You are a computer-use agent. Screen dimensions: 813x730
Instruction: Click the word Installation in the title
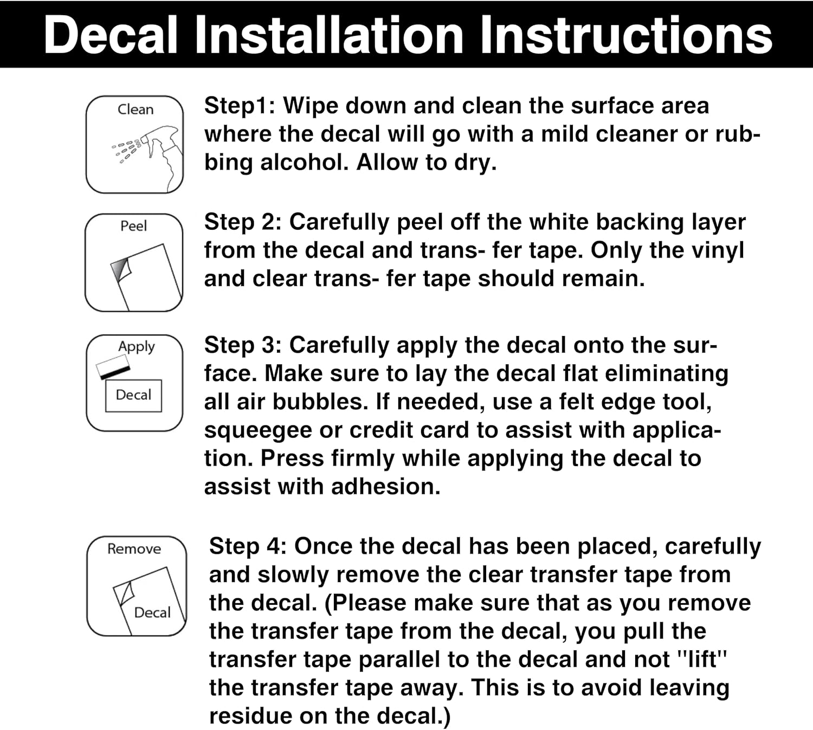330,35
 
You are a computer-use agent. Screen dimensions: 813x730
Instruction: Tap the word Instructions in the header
627,35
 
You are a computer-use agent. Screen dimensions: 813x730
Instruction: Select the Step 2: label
243,222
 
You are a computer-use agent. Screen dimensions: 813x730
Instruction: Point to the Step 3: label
243,345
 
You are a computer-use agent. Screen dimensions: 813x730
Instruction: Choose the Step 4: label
248,546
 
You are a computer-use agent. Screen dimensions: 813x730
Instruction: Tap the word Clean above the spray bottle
135,109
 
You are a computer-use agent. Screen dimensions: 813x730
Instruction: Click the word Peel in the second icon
134,226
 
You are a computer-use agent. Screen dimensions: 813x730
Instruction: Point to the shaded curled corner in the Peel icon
121,269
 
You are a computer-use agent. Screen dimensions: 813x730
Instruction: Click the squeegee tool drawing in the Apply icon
113,366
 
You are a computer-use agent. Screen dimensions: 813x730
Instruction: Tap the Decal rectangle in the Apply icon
134,395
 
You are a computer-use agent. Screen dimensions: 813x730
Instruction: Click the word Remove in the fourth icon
134,548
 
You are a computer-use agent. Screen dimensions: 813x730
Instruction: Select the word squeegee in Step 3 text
258,431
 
